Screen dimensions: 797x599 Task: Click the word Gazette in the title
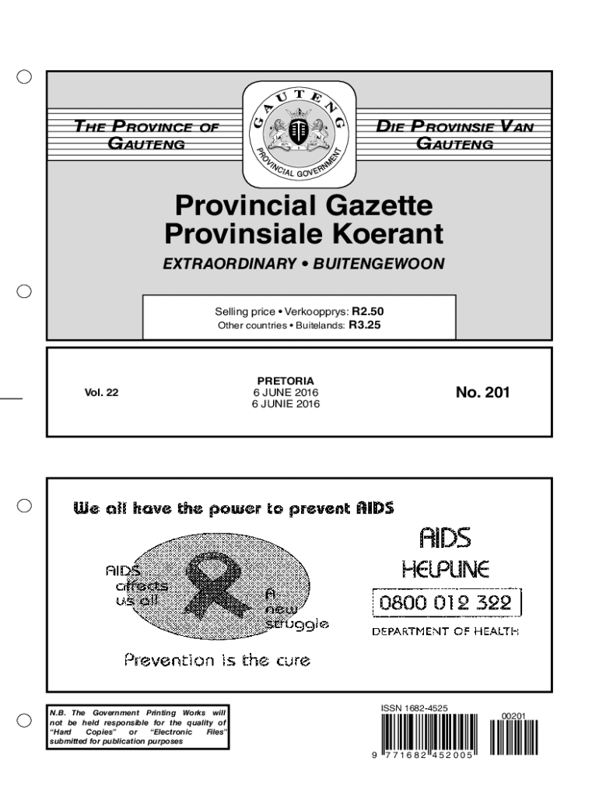(x=373, y=206)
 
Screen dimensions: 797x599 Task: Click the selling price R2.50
(x=366, y=312)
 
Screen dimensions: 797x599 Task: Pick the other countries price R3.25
(x=364, y=325)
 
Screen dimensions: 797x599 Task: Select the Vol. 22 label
(x=101, y=394)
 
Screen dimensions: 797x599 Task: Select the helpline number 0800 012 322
(x=446, y=603)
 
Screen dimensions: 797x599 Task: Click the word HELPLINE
(x=445, y=571)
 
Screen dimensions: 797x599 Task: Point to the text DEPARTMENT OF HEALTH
(x=445, y=631)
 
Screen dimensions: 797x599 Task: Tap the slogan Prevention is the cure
(x=217, y=661)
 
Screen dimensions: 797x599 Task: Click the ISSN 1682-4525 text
(x=414, y=707)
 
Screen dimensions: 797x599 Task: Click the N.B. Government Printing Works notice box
(x=138, y=727)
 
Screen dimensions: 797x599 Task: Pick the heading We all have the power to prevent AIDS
(x=233, y=509)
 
